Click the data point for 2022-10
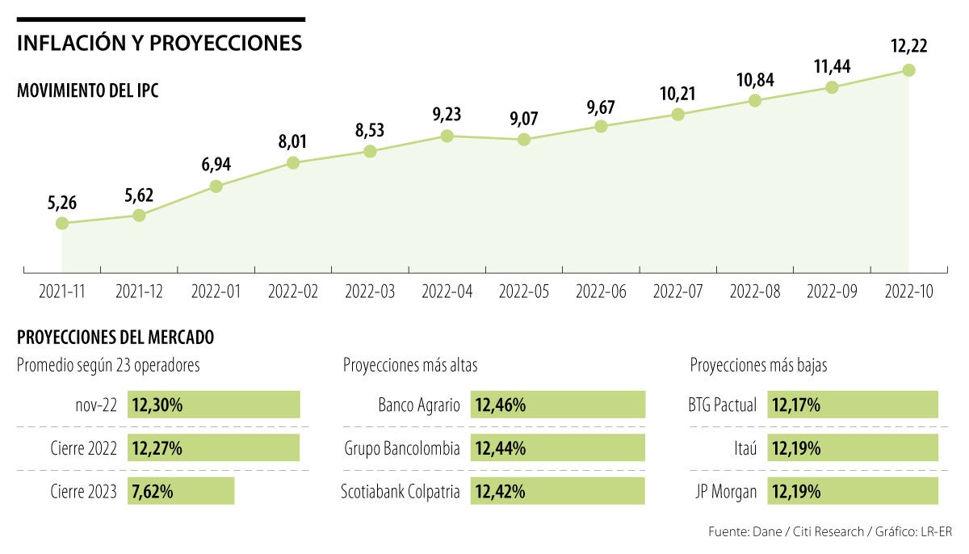point(908,70)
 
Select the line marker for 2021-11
point(62,224)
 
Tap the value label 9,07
point(523,118)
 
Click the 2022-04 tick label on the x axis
point(447,292)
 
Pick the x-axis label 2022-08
point(754,292)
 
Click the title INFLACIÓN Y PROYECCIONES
point(159,43)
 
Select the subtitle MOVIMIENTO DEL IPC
point(87,90)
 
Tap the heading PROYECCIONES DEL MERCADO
point(115,337)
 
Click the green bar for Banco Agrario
point(558,405)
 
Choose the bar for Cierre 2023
point(181,491)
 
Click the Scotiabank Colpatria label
point(401,491)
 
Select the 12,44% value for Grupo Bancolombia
point(501,448)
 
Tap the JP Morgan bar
point(853,491)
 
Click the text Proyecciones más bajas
point(758,366)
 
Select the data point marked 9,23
point(447,136)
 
